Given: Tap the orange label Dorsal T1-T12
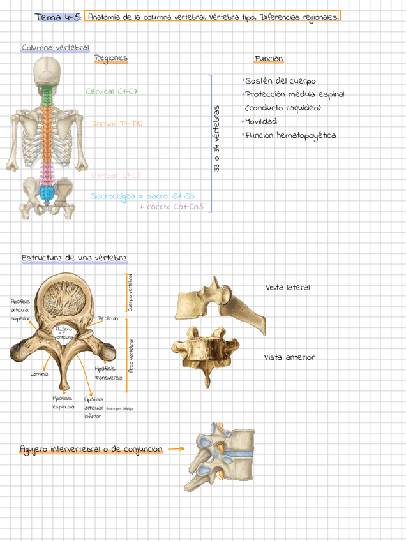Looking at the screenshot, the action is (x=117, y=124).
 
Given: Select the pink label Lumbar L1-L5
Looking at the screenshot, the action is (x=116, y=175).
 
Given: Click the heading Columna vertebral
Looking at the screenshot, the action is (x=56, y=48).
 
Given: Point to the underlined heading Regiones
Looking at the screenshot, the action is (x=111, y=58).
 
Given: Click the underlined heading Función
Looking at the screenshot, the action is (x=269, y=59).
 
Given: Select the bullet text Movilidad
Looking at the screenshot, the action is (x=261, y=121).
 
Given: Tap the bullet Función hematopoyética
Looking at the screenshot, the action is (x=290, y=135).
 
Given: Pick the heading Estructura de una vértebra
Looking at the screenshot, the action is (x=74, y=258).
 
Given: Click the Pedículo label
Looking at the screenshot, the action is (x=108, y=318).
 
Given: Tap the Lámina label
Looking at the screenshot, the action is (x=40, y=374).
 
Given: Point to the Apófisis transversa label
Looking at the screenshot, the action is (x=108, y=373).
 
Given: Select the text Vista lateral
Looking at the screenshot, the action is (x=288, y=288).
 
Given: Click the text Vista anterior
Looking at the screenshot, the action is (x=290, y=357).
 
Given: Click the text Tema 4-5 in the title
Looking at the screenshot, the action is (x=58, y=17).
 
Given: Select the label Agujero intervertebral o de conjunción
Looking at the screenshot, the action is (x=91, y=449).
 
